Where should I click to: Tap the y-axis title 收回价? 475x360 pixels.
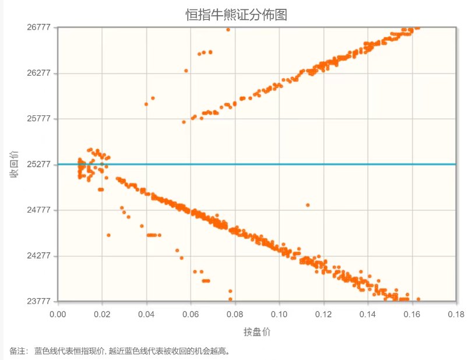[x=12, y=164]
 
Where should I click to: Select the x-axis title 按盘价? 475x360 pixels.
[x=257, y=332]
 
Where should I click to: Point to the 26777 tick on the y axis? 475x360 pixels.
[x=39, y=27]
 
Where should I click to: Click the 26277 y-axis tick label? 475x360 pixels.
[x=39, y=73]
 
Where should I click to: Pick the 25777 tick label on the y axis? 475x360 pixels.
[x=39, y=119]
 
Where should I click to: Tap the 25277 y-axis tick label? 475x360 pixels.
[x=39, y=164]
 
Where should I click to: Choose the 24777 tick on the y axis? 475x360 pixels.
[x=39, y=210]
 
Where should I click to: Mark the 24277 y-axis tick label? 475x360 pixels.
[x=39, y=256]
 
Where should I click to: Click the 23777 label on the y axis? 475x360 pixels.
[x=39, y=301]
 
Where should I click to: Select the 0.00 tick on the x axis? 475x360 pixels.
[x=58, y=313]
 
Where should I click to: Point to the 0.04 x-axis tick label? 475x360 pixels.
[x=147, y=313]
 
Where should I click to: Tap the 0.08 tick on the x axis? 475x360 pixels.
[x=235, y=313]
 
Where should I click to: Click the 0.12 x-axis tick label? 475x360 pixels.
[x=323, y=313]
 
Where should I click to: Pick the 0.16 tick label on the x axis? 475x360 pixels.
[x=412, y=313]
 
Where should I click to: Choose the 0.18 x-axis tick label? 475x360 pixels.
[x=456, y=313]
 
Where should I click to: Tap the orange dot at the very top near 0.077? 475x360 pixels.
[x=228, y=29]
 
